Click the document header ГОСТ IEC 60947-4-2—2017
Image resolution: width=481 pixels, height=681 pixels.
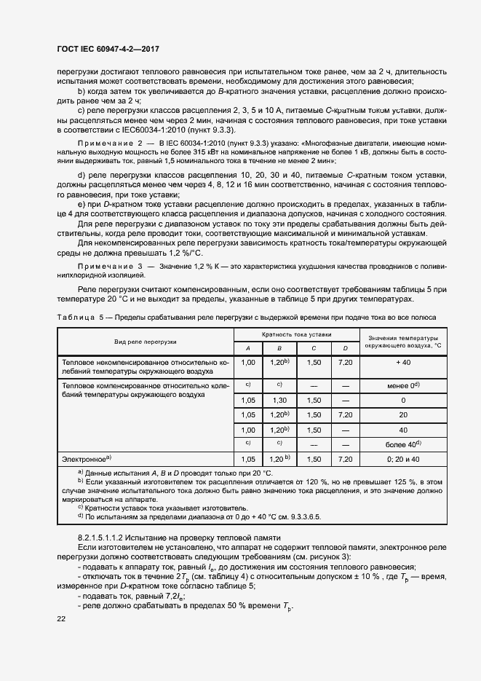pyautogui.click(x=108, y=50)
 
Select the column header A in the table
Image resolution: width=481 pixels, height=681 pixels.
pyautogui.click(x=248, y=347)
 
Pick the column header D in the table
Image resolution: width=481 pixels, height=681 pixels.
pyautogui.click(x=345, y=347)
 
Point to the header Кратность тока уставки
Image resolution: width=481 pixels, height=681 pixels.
pyautogui.click(x=296, y=334)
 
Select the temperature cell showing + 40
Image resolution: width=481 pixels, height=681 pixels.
pyautogui.click(x=403, y=362)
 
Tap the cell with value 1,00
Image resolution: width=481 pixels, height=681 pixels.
pyautogui.click(x=248, y=362)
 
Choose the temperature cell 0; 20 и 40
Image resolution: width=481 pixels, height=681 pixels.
pyautogui.click(x=403, y=460)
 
